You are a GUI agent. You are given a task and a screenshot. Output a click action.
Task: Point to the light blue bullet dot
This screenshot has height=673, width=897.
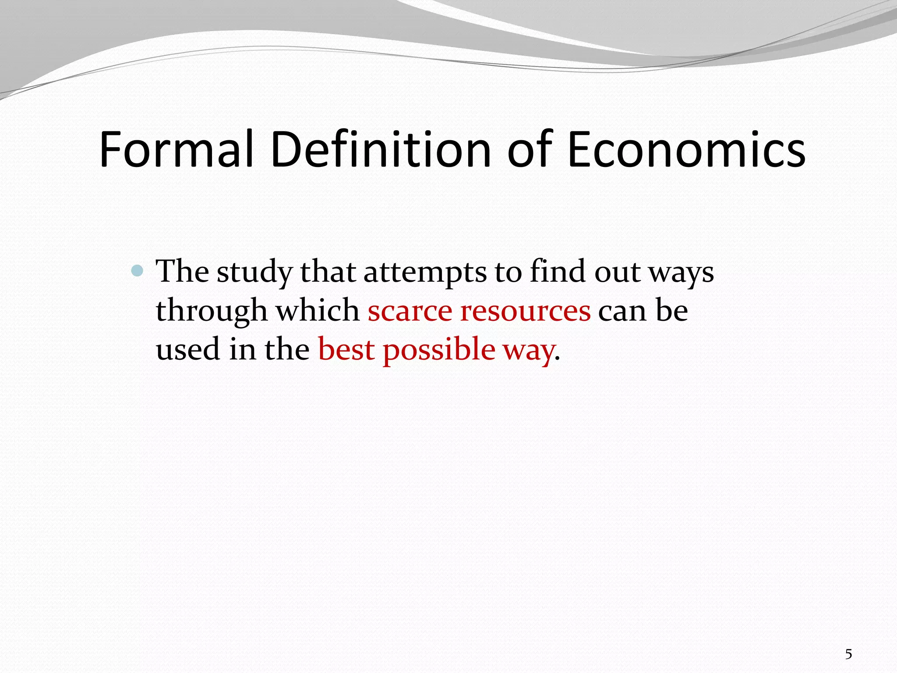point(138,271)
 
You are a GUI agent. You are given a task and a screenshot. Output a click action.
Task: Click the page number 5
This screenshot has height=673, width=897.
point(848,655)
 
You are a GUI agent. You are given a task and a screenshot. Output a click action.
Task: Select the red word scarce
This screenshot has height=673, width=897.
point(410,311)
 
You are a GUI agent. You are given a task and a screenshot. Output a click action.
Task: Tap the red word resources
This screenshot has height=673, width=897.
point(525,311)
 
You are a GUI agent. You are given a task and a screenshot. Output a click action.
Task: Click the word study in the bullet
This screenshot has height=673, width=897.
point(254,272)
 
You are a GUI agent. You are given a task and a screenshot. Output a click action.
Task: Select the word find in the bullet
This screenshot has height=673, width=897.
point(558,271)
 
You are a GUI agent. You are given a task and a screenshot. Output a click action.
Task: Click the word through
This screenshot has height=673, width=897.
point(212,312)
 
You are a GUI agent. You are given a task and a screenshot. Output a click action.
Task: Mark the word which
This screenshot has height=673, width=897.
point(318,311)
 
